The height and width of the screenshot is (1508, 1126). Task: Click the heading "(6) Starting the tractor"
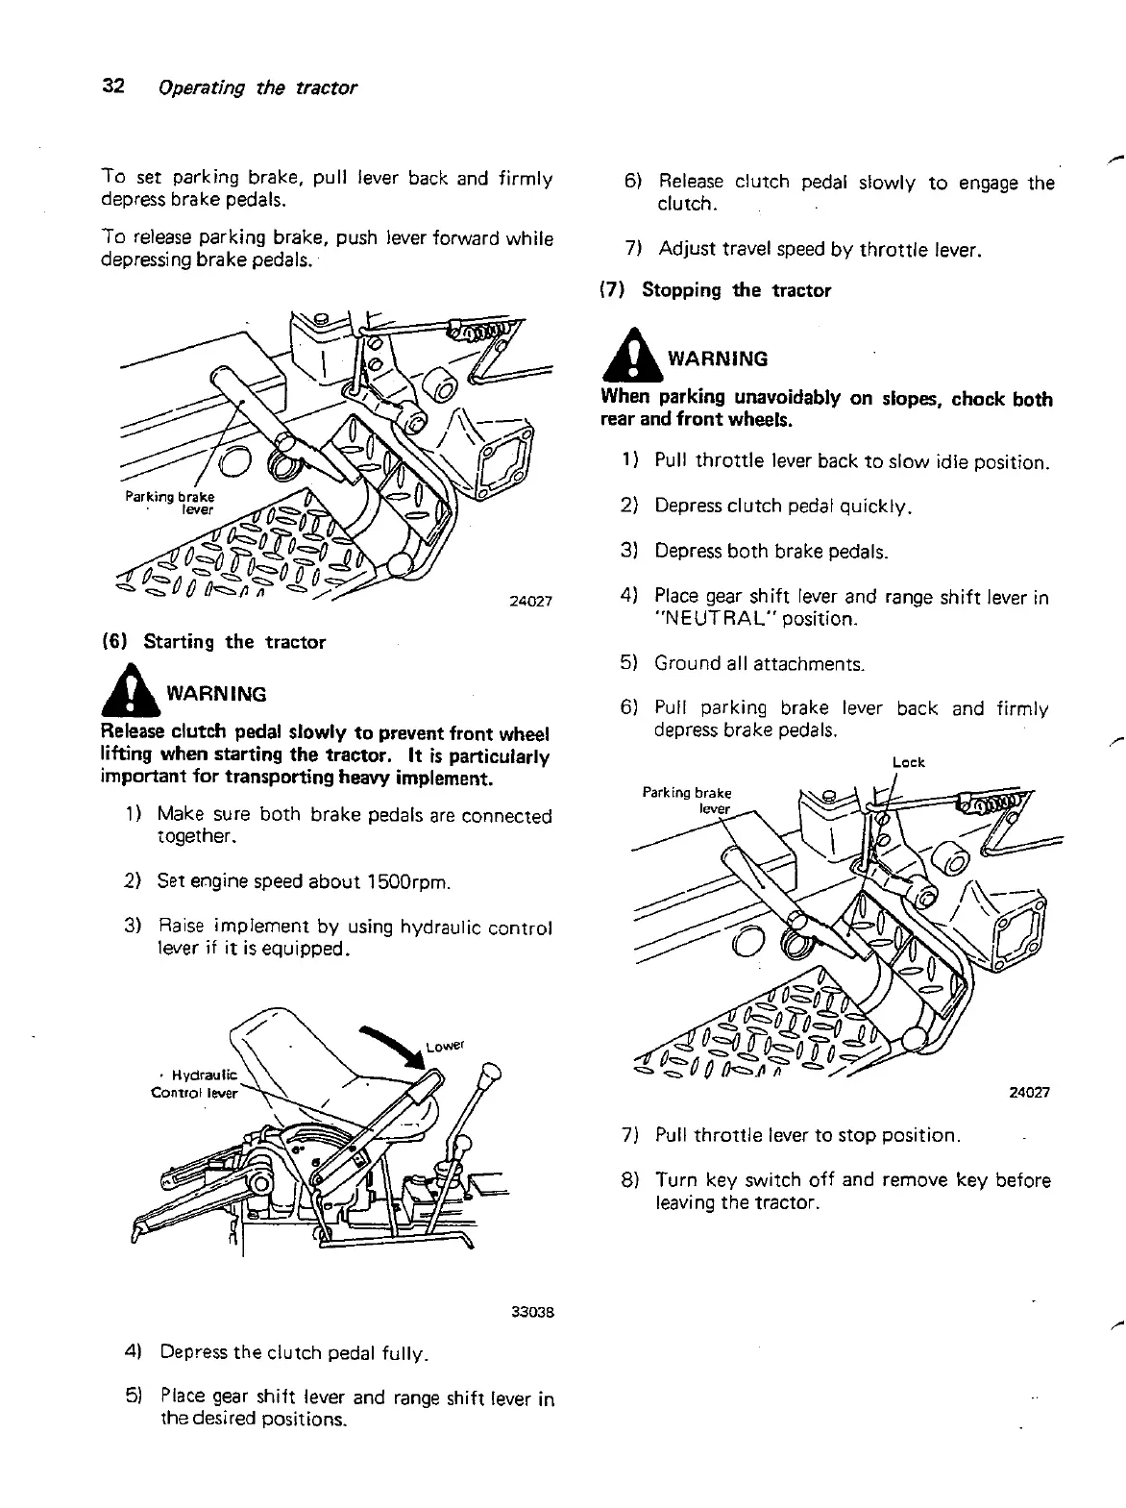pos(213,642)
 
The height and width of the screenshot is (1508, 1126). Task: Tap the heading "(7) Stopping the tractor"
pos(716,290)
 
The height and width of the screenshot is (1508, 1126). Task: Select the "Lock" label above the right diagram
pos(908,762)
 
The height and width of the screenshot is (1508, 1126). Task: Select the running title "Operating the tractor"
pos(257,87)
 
